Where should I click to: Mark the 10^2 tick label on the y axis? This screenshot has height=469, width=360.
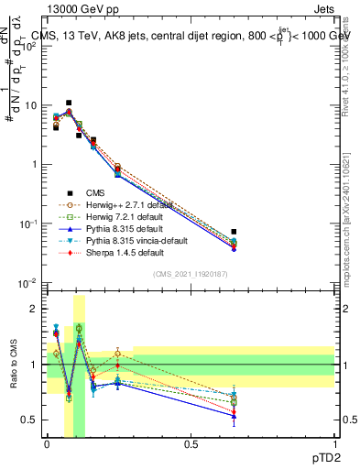28,46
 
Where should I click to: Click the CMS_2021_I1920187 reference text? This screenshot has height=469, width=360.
190,274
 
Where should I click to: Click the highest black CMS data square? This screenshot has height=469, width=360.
69,104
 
